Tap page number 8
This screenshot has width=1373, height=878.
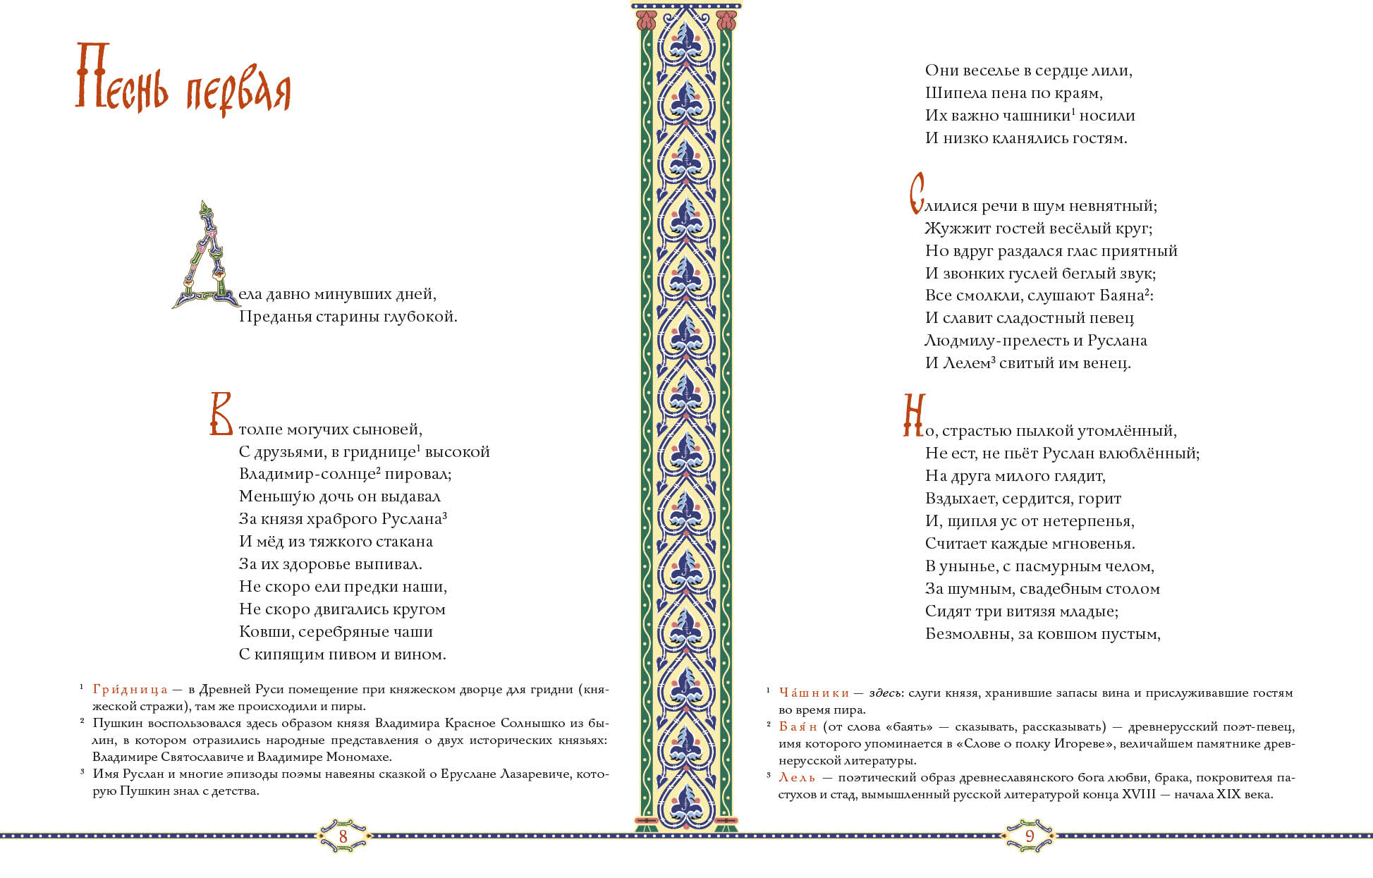click(x=343, y=836)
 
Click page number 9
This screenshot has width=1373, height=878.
click(x=1029, y=836)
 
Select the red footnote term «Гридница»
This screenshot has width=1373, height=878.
click(x=130, y=690)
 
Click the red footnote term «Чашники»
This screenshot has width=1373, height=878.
click(x=814, y=693)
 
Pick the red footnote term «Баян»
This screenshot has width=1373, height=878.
click(x=798, y=726)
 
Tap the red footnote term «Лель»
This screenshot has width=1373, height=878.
click(x=797, y=778)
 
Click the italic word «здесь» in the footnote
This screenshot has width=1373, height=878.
click(x=886, y=693)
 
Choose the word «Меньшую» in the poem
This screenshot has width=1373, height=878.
click(x=276, y=496)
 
